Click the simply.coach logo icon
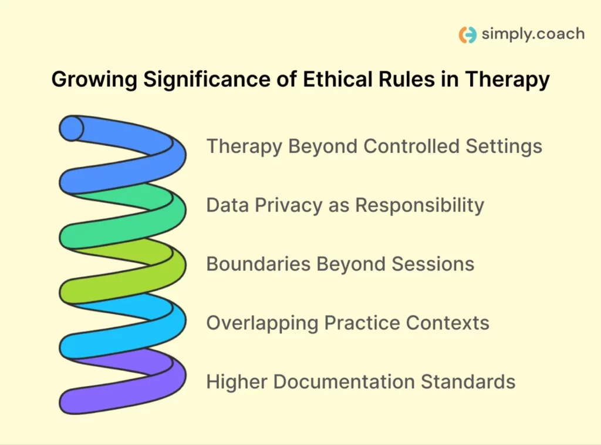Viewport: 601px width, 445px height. [x=468, y=35]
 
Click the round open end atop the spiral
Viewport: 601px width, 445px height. [x=72, y=128]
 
